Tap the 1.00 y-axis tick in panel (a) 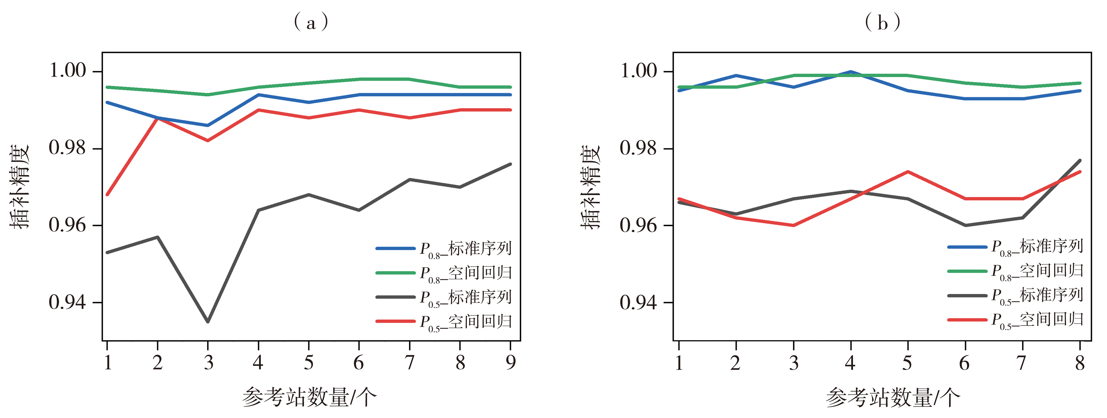(x=68, y=71)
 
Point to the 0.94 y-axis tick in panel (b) (x=639, y=303)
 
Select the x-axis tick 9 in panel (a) (x=510, y=362)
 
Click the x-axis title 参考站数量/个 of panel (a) (x=309, y=396)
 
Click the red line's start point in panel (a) (x=107, y=195)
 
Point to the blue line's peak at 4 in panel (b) (x=851, y=72)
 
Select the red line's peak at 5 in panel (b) (x=908, y=172)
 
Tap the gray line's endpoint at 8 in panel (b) (x=1080, y=160)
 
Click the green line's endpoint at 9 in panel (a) (x=510, y=87)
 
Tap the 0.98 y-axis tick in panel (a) (x=68, y=148)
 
